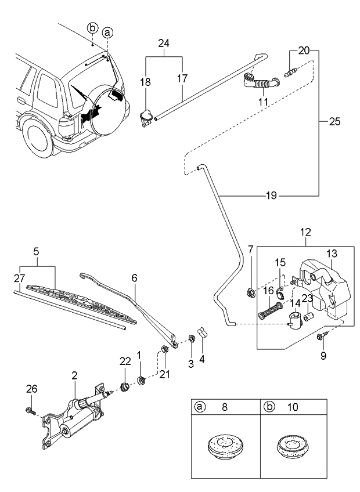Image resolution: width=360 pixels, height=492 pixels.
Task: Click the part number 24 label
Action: (164, 43)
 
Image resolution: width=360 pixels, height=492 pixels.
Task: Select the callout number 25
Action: (335, 122)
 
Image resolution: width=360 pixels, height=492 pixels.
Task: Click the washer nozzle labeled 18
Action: (146, 117)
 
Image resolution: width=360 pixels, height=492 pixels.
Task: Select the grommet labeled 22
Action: (124, 386)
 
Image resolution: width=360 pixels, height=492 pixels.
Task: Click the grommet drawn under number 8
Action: (225, 449)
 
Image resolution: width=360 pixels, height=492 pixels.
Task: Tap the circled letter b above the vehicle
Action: (92, 28)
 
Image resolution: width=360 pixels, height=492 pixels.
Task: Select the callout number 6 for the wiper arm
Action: (134, 278)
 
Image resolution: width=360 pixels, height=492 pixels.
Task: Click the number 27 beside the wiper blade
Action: (20, 278)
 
